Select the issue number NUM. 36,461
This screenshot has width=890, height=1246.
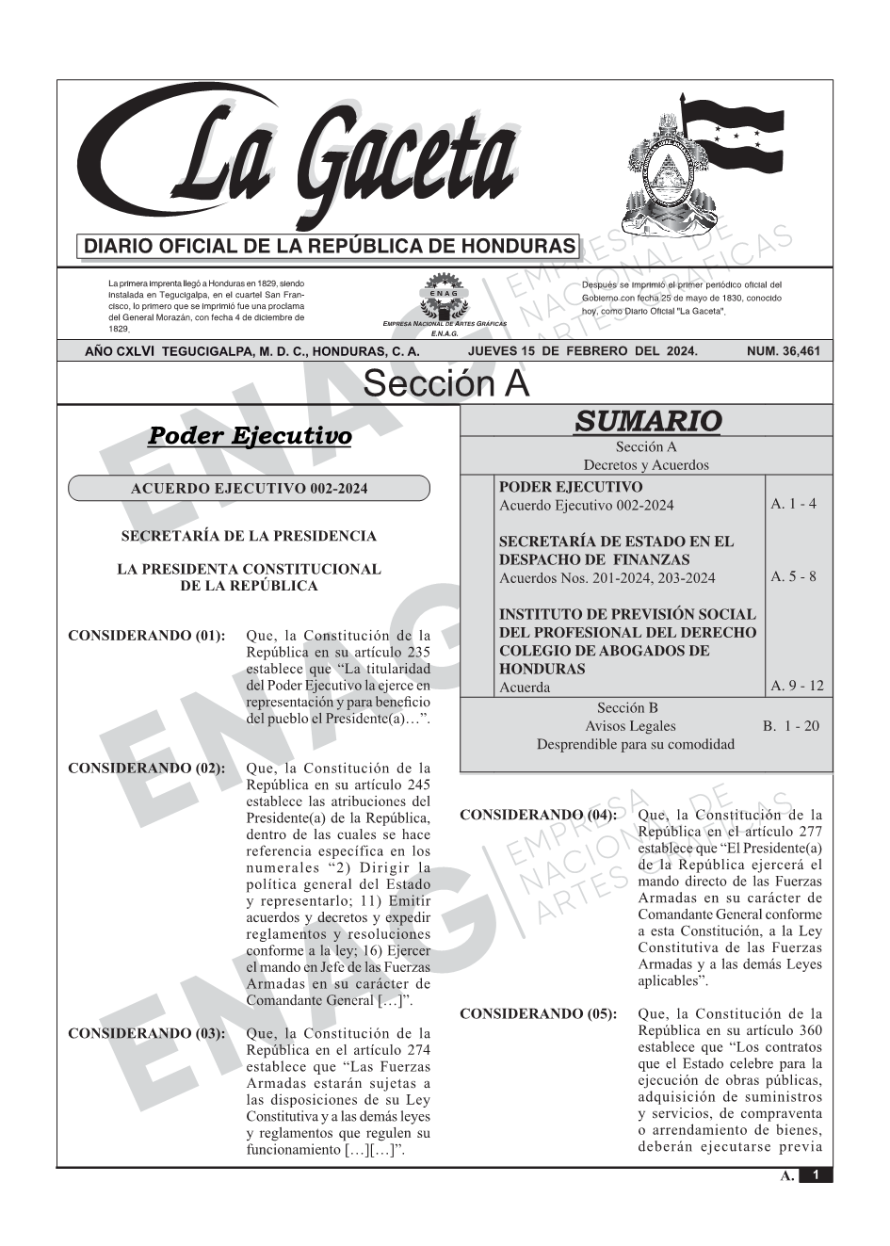click(783, 351)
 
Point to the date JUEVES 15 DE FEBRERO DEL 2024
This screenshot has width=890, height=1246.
click(582, 351)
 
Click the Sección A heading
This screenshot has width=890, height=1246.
click(445, 384)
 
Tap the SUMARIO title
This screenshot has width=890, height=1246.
click(647, 421)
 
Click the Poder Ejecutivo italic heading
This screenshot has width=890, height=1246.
click(250, 436)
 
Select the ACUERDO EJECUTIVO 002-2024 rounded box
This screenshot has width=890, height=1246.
click(249, 488)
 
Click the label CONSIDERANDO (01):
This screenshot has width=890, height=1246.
click(147, 636)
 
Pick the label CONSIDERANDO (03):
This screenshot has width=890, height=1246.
click(147, 1033)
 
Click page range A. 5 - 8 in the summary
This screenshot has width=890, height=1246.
click(793, 576)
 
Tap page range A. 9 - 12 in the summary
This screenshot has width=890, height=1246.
click(797, 686)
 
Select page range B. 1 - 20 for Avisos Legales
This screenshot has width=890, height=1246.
click(790, 725)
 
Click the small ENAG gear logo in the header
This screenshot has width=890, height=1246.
click(443, 293)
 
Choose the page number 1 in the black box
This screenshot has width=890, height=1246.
click(816, 1174)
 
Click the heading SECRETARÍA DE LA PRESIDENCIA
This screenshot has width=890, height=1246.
click(249, 536)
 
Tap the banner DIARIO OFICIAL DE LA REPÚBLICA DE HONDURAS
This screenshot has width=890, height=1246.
click(330, 247)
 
